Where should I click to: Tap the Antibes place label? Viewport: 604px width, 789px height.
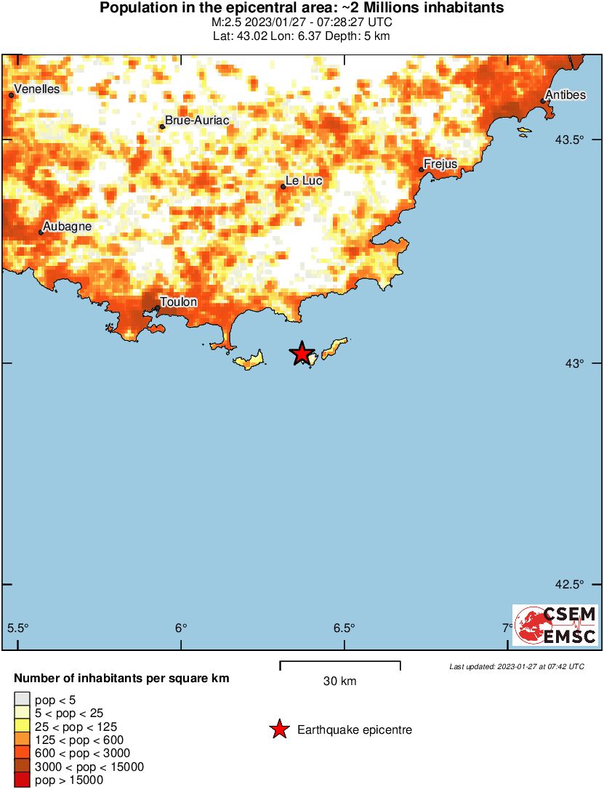pyautogui.click(x=567, y=95)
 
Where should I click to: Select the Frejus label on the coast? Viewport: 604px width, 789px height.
pyautogui.click(x=440, y=164)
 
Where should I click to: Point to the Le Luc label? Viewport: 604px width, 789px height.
pyautogui.click(x=302, y=181)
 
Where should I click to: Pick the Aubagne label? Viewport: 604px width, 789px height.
pyautogui.click(x=67, y=227)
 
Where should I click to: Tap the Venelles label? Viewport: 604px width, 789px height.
pyautogui.click(x=36, y=89)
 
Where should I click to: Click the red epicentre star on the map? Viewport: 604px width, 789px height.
pyautogui.click(x=302, y=354)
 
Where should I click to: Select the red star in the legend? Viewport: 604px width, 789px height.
pyautogui.click(x=279, y=729)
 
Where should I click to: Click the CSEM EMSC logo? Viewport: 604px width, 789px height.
pyautogui.click(x=555, y=625)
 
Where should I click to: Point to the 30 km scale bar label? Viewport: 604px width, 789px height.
pyautogui.click(x=339, y=681)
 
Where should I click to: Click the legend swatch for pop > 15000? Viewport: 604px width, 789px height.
pyautogui.click(x=22, y=780)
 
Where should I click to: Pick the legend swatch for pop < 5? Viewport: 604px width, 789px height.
pyautogui.click(x=22, y=700)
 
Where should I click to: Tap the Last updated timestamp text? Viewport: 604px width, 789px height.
pyautogui.click(x=516, y=666)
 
